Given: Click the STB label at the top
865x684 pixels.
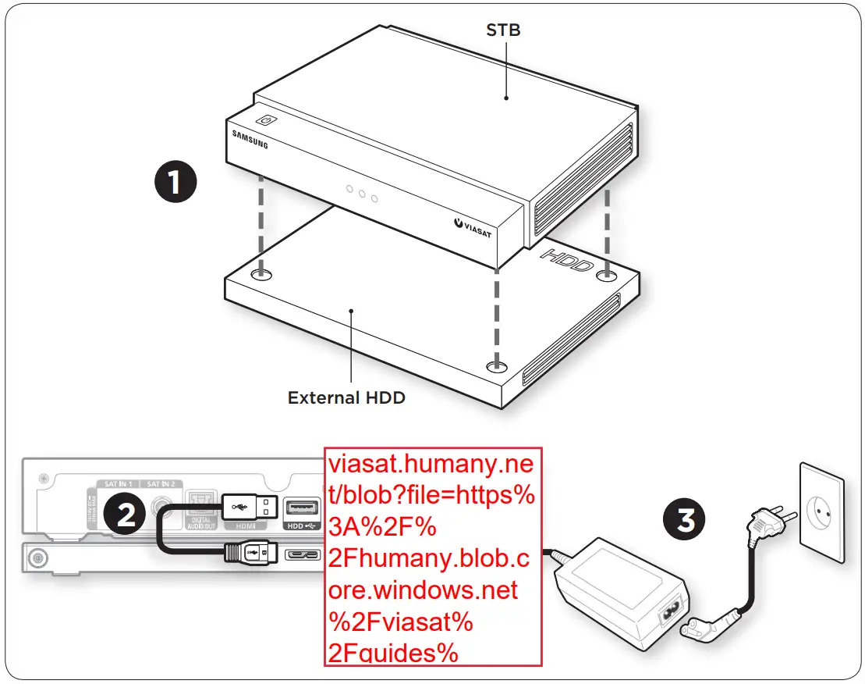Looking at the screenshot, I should (503, 31).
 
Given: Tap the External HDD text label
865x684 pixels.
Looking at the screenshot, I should (346, 397).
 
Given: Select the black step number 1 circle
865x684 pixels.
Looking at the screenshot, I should (174, 183).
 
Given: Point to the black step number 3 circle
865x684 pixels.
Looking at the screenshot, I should (686, 518).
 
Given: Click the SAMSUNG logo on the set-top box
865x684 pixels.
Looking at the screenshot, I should (250, 140).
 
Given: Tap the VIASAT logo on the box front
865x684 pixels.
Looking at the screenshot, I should (473, 228).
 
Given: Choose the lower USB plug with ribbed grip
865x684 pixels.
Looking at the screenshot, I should (247, 552).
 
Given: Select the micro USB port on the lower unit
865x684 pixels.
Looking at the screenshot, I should (303, 554).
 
